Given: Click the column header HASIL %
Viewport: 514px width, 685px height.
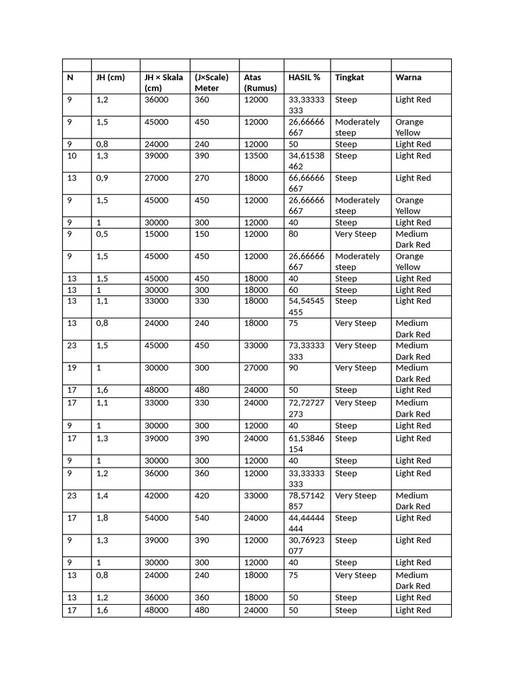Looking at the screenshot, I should click(304, 77).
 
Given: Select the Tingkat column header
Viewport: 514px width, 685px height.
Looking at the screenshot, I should click(350, 77).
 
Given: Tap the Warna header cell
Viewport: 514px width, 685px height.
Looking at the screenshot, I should click(408, 77).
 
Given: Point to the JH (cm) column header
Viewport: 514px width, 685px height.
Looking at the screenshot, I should click(110, 77).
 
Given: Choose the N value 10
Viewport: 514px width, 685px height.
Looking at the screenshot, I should click(72, 155).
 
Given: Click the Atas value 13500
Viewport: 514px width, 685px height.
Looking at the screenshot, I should click(256, 155).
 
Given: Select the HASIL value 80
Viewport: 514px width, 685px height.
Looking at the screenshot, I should click(294, 233).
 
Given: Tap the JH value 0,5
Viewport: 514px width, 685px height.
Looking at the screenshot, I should click(102, 233).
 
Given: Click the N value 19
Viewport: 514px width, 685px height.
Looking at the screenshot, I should click(72, 367).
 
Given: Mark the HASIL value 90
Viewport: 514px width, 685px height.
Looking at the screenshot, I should click(294, 367).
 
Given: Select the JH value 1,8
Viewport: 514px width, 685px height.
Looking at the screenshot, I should click(102, 518).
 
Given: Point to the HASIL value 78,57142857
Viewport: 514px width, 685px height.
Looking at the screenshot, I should click(306, 501).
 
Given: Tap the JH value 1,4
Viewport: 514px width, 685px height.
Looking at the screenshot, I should click(102, 496).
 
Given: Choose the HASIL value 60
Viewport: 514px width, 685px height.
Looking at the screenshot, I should click(294, 290).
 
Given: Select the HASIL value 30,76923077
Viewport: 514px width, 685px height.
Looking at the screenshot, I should click(306, 545).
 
